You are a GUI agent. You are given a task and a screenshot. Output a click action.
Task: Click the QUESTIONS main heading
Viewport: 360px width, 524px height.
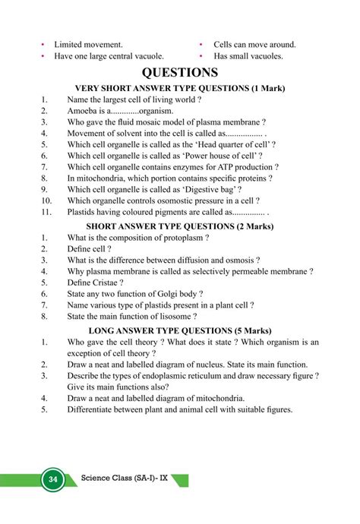pos(180,73)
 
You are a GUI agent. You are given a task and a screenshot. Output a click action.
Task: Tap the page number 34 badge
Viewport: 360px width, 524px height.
pos(53,479)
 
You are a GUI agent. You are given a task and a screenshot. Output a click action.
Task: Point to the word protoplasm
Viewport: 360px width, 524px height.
pos(182,237)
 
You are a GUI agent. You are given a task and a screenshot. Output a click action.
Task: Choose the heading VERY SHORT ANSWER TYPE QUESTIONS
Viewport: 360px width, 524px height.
pos(180,89)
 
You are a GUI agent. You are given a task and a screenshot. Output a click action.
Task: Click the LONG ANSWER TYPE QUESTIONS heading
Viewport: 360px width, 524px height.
pos(180,331)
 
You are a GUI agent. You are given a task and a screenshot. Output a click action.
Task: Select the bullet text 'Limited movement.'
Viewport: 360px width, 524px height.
pos(88,45)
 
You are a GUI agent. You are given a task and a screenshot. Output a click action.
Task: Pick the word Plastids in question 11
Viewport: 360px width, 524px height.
pos(84,212)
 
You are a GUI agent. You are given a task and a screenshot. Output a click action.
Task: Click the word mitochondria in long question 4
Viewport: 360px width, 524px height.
pos(215,398)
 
